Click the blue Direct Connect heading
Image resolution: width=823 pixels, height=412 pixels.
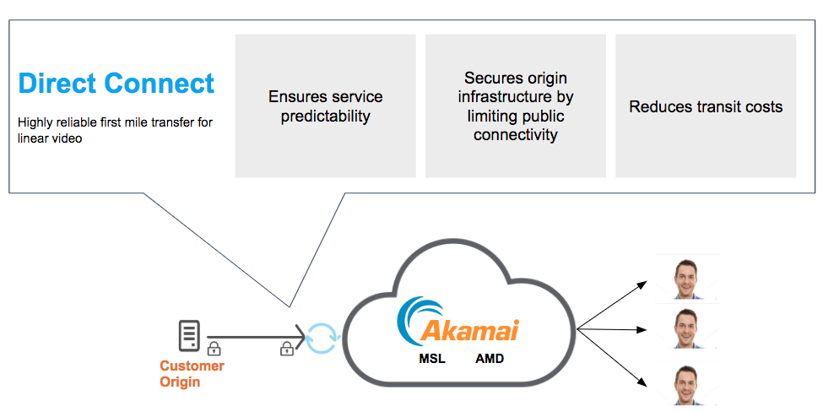pos(116,84)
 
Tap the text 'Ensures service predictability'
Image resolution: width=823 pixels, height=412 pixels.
pos(325,106)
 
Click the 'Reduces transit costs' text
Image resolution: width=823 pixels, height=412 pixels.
pos(706,106)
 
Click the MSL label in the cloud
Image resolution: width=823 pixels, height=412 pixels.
pos(432,359)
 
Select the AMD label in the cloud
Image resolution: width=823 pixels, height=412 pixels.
pos(490,359)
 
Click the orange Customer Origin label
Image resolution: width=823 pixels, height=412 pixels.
pos(192,374)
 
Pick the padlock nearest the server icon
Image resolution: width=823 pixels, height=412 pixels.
pos(214,348)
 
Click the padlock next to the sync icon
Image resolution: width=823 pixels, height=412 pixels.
pos(287,348)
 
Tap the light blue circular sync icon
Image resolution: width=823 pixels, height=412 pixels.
pos(322,336)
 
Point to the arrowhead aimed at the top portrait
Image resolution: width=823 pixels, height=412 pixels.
pos(646,283)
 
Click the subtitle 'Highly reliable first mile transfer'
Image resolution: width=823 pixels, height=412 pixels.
pos(115,122)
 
